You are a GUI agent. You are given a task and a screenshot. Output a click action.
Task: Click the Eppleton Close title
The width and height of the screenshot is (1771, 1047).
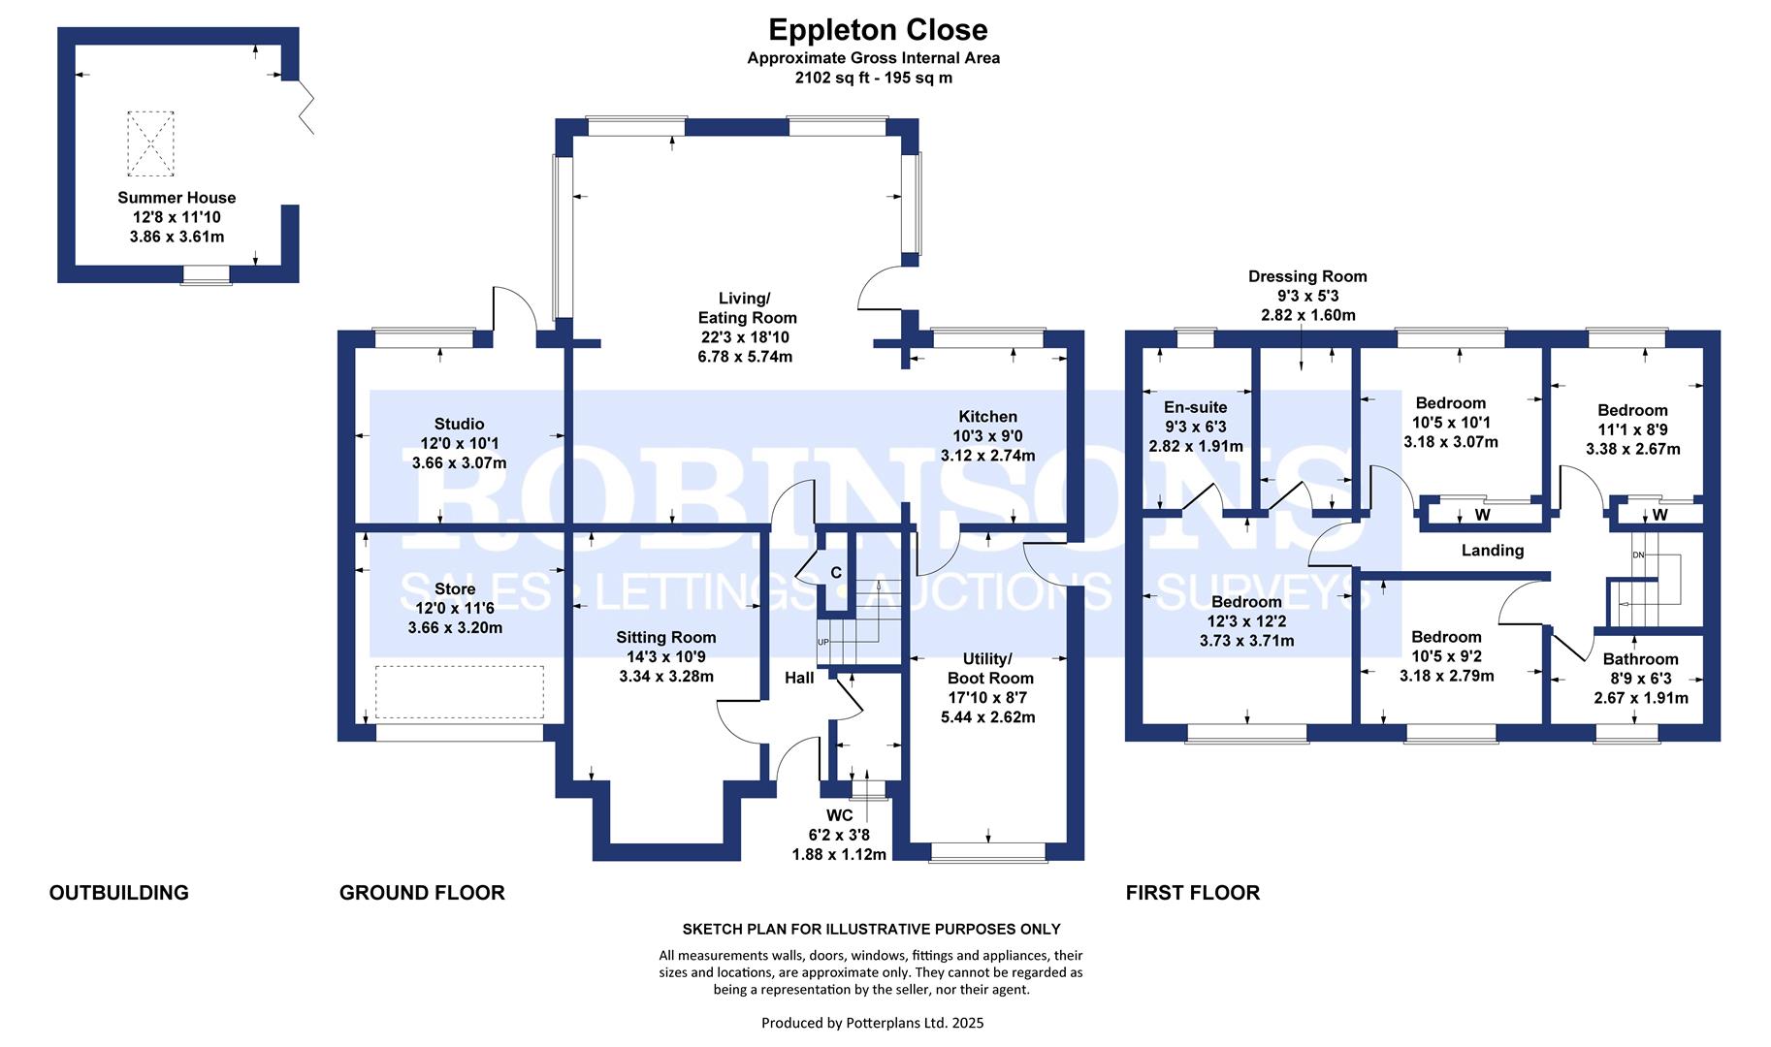tap(878, 29)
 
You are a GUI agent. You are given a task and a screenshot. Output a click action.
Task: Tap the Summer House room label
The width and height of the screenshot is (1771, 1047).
tap(177, 198)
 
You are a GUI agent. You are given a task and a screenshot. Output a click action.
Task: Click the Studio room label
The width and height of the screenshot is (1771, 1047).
tap(459, 424)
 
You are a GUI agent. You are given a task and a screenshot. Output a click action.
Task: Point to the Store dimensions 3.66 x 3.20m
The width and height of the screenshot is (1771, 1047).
tap(455, 627)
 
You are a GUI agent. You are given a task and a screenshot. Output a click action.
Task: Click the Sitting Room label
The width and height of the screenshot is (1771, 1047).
tap(666, 637)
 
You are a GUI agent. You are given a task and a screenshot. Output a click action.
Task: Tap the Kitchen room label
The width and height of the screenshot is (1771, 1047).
tap(988, 417)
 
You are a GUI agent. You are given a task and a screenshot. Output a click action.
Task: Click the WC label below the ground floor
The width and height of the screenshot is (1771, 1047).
tap(839, 815)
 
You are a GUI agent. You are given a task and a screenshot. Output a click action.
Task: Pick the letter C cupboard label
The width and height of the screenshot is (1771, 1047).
tap(836, 573)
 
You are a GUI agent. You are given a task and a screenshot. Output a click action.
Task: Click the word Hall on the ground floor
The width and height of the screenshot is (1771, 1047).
tap(799, 678)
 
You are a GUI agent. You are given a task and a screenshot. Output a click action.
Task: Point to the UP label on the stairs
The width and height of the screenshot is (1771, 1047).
tap(823, 643)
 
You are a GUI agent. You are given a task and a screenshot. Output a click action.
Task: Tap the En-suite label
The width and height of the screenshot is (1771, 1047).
tap(1196, 407)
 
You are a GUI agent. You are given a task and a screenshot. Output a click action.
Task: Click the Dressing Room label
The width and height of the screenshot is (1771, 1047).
tap(1307, 276)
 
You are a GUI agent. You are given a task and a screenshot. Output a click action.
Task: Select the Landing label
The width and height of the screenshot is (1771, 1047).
tap(1493, 551)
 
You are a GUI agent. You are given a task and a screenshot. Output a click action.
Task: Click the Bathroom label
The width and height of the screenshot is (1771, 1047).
tap(1640, 659)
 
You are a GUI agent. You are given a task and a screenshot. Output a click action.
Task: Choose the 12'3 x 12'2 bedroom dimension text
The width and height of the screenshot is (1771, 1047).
tap(1246, 621)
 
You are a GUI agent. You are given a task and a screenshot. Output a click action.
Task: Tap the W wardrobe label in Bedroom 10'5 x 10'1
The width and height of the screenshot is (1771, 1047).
tap(1482, 514)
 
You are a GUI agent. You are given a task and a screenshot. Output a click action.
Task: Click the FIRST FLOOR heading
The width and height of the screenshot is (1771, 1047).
tap(1192, 893)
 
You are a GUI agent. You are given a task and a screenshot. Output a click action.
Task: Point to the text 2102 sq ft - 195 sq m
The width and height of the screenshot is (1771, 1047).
tap(873, 78)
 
